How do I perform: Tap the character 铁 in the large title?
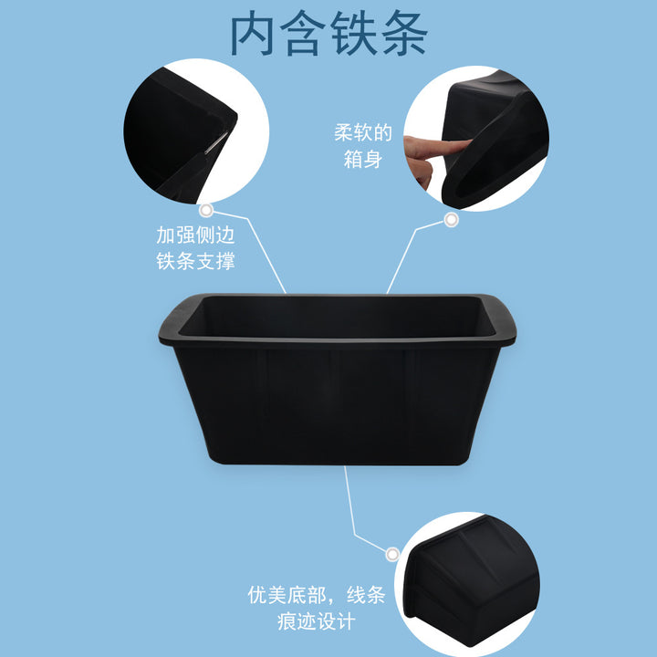point(352,34)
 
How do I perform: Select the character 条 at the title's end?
point(404,34)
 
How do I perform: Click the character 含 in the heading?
point(302,34)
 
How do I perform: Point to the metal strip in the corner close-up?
point(216,142)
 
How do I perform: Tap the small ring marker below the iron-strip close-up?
point(205,211)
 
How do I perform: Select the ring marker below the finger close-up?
point(451,220)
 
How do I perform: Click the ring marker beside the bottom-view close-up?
point(392,555)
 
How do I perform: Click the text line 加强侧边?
point(195,235)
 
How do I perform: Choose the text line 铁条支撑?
point(195,261)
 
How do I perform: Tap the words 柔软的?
point(363,132)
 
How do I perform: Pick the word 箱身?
point(363,159)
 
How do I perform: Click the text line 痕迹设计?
point(317,621)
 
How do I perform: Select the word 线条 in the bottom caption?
point(366,595)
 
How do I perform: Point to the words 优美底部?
point(287,595)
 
